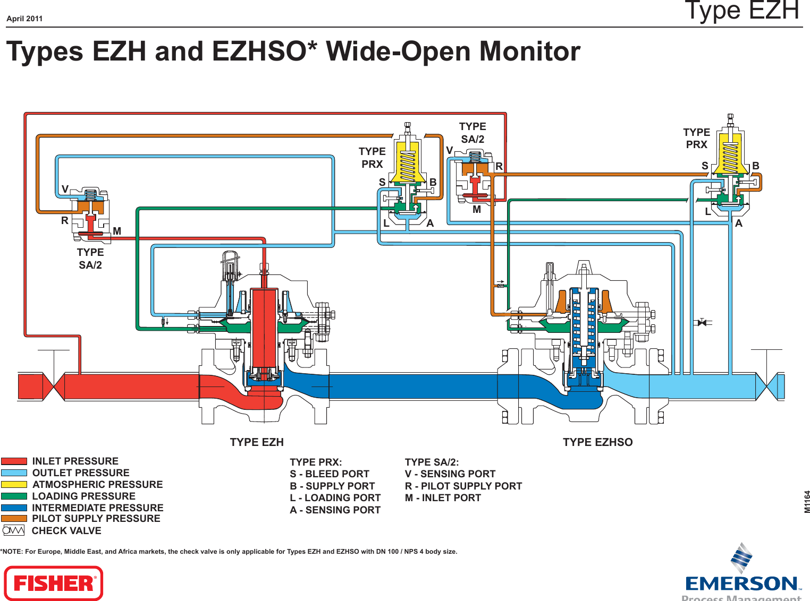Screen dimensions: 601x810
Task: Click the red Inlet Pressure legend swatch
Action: pyautogui.click(x=14, y=461)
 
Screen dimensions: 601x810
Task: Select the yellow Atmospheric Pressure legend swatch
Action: pyautogui.click(x=14, y=484)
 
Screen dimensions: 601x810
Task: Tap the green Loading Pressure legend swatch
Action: pyautogui.click(x=14, y=496)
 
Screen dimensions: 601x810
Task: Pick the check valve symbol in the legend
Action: pyautogui.click(x=14, y=530)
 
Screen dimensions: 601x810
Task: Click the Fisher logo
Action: pyautogui.click(x=53, y=583)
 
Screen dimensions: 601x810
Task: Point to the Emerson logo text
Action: pyautogui.click(x=742, y=584)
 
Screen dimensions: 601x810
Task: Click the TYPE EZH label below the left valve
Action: pyautogui.click(x=257, y=442)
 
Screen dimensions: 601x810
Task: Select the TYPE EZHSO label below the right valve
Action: pyautogui.click(x=597, y=442)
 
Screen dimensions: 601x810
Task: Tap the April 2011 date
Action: pyautogui.click(x=24, y=19)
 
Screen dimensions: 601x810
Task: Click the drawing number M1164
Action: pyautogui.click(x=807, y=501)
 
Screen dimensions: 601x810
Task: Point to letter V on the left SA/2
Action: pyautogui.click(x=65, y=190)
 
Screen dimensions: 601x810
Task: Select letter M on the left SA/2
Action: pyautogui.click(x=117, y=231)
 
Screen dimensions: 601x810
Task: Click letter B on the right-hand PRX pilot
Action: pyautogui.click(x=756, y=166)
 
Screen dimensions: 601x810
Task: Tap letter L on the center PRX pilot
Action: pyautogui.click(x=386, y=224)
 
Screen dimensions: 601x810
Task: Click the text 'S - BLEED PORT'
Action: pyautogui.click(x=330, y=474)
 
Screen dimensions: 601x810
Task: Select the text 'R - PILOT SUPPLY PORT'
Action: pyautogui.click(x=463, y=486)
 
